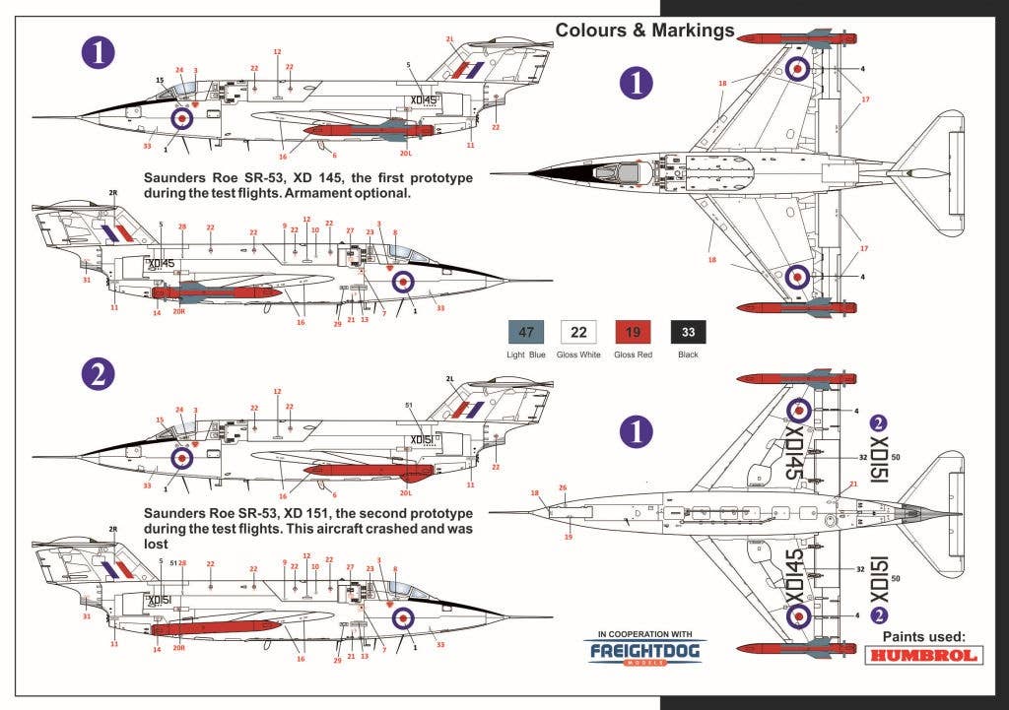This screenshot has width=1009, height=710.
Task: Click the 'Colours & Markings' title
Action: pyautogui.click(x=644, y=30)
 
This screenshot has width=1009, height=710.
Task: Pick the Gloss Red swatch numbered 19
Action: pyautogui.click(x=633, y=333)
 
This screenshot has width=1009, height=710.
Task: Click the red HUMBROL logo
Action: pyautogui.click(x=924, y=655)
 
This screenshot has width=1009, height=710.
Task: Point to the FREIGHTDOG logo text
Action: pyautogui.click(x=638, y=651)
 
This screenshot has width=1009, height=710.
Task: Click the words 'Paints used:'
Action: pyautogui.click(x=924, y=636)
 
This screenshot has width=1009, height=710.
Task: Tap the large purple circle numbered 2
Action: pyautogui.click(x=99, y=373)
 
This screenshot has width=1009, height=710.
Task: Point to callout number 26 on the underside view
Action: pyautogui.click(x=563, y=488)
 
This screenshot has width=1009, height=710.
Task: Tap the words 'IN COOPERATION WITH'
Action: pyautogui.click(x=638, y=633)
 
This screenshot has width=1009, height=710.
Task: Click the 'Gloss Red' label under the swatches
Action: pyautogui.click(x=633, y=355)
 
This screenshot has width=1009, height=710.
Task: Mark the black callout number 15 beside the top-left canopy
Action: pyautogui.click(x=159, y=80)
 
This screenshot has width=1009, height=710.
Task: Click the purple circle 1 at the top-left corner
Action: pyautogui.click(x=99, y=52)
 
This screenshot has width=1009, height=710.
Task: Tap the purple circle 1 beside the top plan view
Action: pyautogui.click(x=637, y=83)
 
